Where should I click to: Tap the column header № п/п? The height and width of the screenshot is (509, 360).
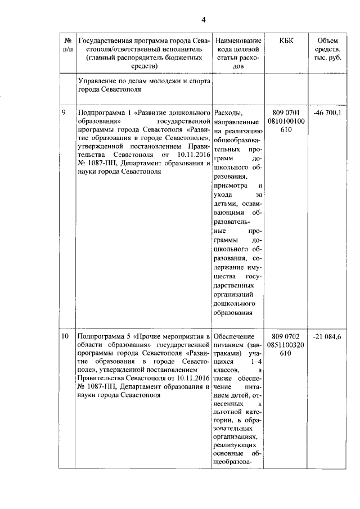pyautogui.click(x=67, y=45)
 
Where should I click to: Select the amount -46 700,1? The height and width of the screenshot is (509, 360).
pyautogui.click(x=332, y=112)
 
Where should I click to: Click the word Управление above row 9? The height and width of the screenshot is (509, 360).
pyautogui.click(x=100, y=81)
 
